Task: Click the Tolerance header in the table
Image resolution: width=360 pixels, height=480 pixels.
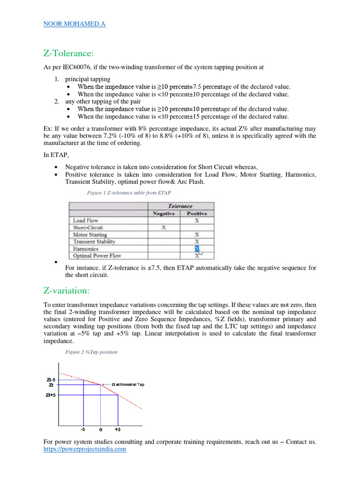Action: click(180, 206)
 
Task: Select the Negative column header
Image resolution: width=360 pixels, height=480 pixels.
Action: click(164, 213)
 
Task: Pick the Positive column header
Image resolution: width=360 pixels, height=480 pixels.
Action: click(197, 213)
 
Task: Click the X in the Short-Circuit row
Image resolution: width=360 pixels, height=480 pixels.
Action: click(164, 228)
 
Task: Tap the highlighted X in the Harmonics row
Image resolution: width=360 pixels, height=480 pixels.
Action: click(197, 249)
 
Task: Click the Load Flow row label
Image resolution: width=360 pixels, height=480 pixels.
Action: click(86, 220)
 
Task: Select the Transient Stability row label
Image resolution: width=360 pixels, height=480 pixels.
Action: click(94, 242)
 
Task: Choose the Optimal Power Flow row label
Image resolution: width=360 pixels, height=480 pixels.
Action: click(97, 256)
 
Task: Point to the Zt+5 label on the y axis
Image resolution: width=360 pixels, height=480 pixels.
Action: click(51, 395)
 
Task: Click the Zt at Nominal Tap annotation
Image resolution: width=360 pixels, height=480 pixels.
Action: click(127, 384)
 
